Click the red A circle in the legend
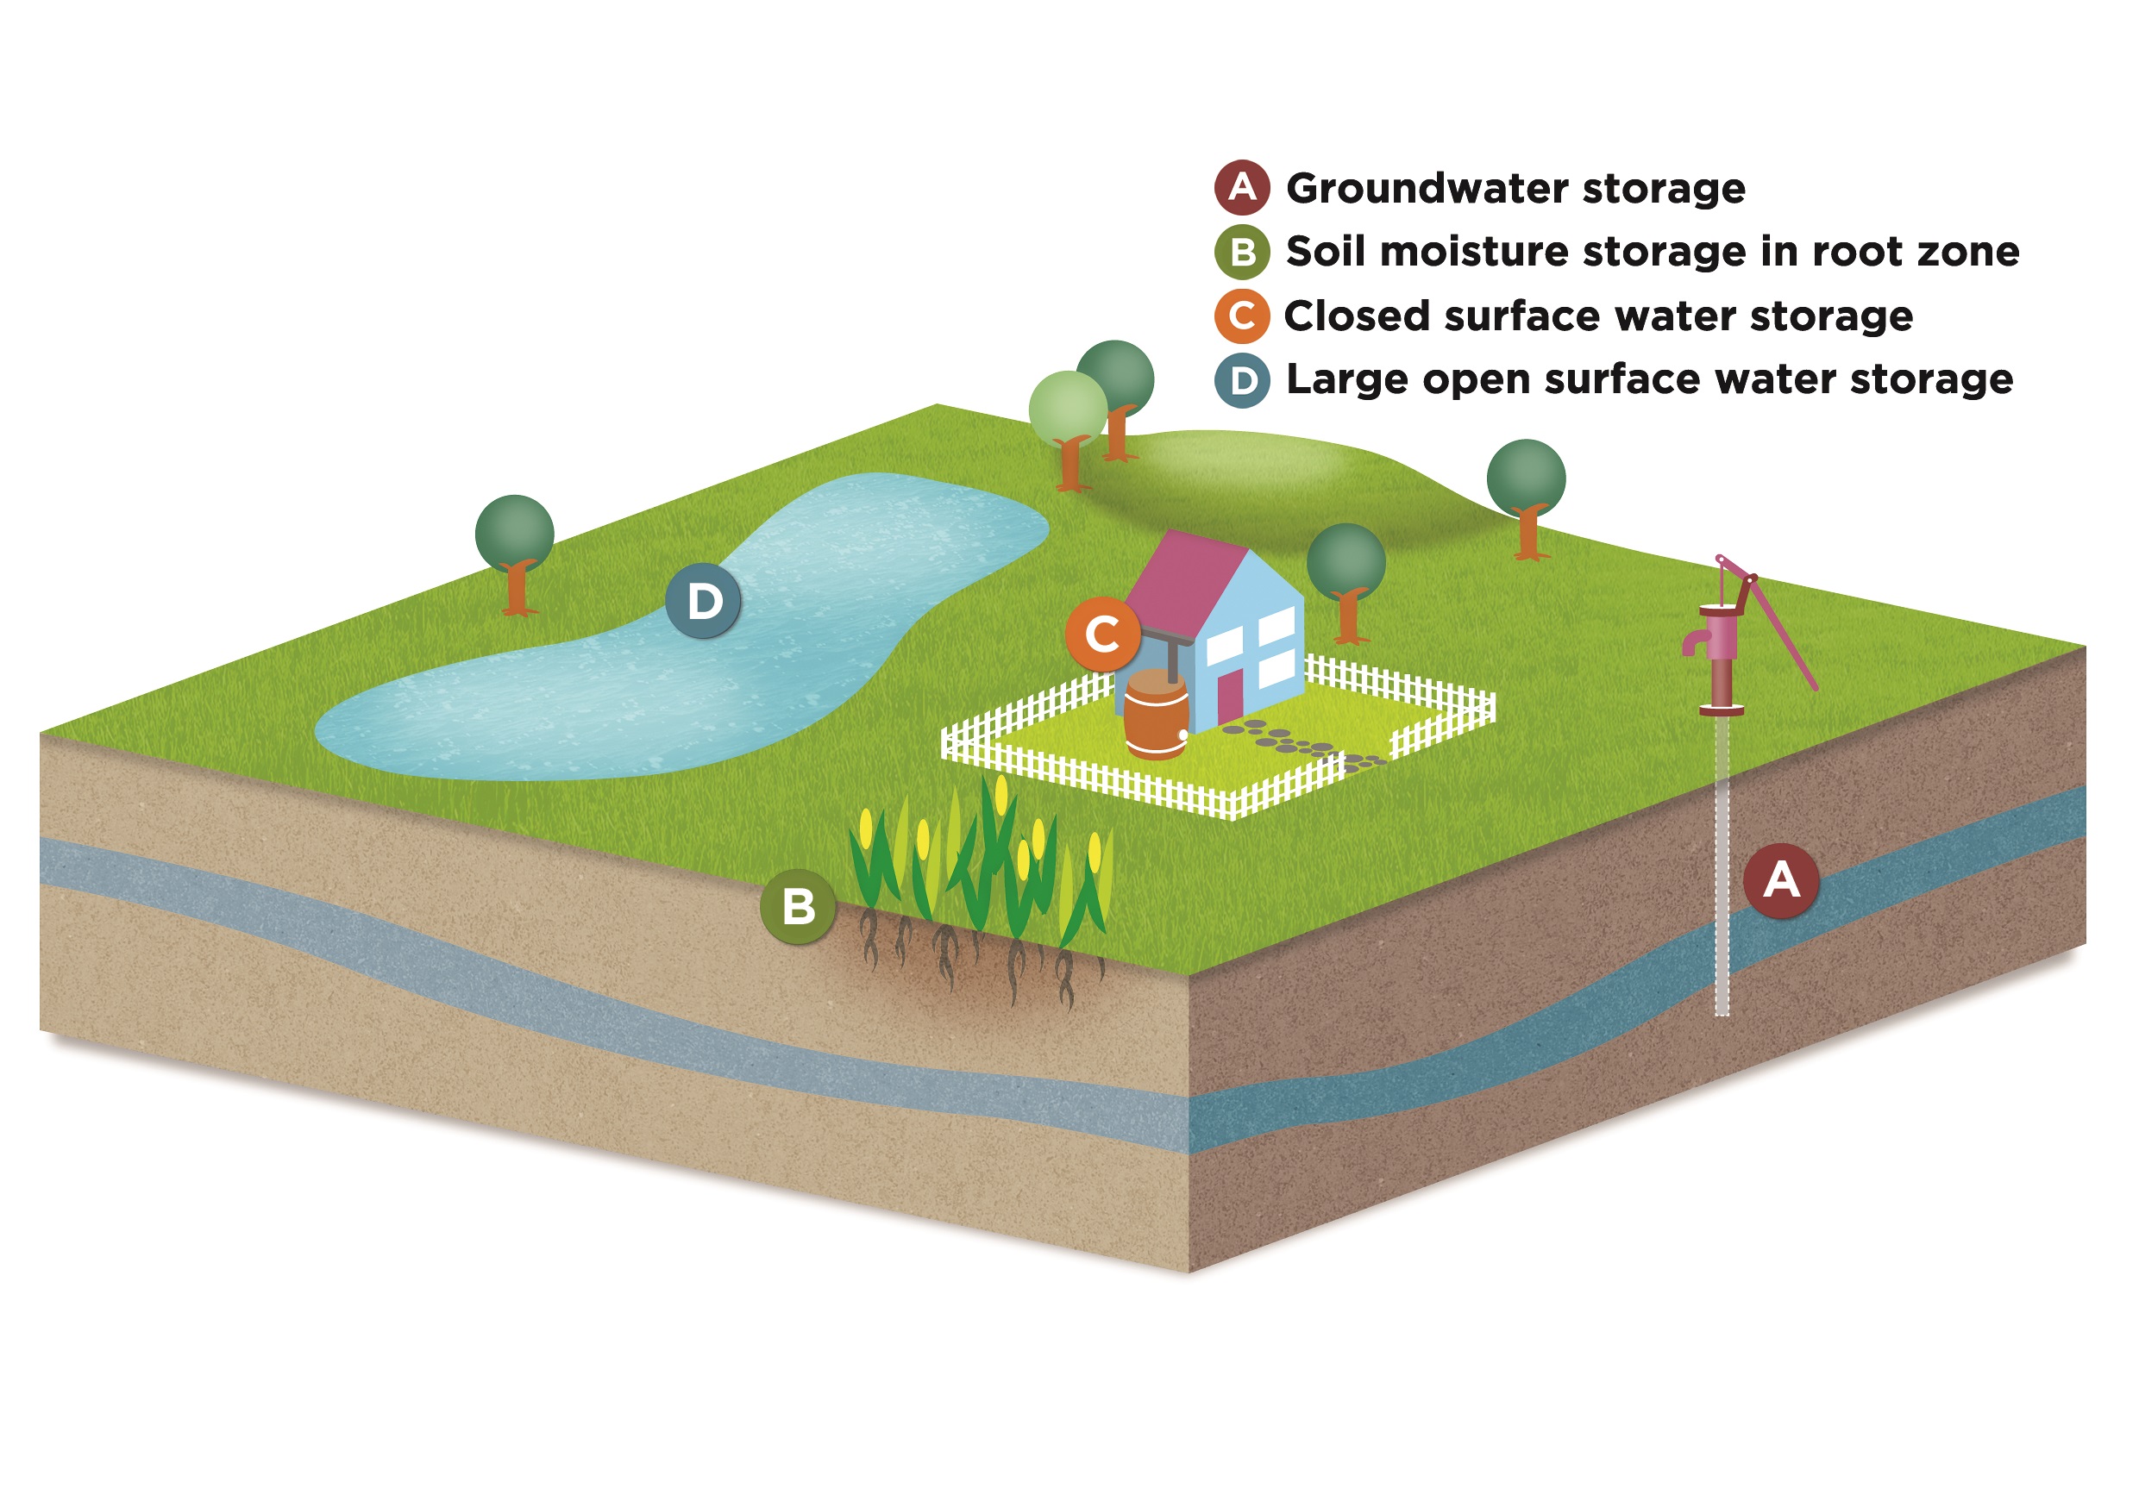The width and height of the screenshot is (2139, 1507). [x=1242, y=187]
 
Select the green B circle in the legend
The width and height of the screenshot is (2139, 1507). [x=1242, y=252]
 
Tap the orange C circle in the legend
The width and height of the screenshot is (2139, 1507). [x=1242, y=316]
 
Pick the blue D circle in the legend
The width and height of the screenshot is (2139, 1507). [x=1242, y=380]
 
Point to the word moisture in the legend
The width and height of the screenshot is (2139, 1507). [x=1472, y=253]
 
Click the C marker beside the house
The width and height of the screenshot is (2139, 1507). [x=1102, y=635]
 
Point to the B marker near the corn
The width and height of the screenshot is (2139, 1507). [x=798, y=906]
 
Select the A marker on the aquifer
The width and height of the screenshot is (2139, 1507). [x=1781, y=880]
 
